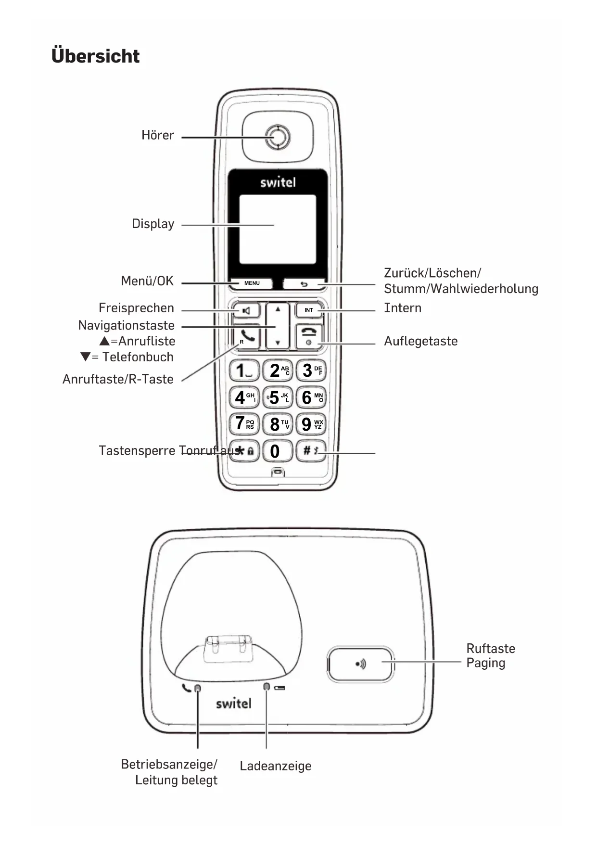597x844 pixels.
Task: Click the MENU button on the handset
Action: point(252,283)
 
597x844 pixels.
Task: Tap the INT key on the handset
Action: point(308,310)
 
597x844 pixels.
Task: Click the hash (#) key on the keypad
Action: point(310,451)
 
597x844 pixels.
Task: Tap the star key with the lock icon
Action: point(245,451)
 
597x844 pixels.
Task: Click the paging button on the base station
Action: point(360,664)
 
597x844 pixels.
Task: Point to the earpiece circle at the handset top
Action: point(278,137)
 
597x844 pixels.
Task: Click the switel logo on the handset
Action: point(278,182)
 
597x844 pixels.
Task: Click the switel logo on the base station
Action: point(233,703)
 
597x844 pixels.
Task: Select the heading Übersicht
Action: point(95,56)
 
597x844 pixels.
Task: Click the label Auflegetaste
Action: point(420,341)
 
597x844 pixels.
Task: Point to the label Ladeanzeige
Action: point(275,766)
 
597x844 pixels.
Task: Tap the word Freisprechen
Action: point(136,308)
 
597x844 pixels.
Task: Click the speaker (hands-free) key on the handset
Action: point(246,311)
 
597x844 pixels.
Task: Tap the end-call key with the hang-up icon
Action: point(309,335)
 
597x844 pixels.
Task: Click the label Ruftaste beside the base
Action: point(490,649)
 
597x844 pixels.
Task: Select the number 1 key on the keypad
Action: point(244,371)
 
